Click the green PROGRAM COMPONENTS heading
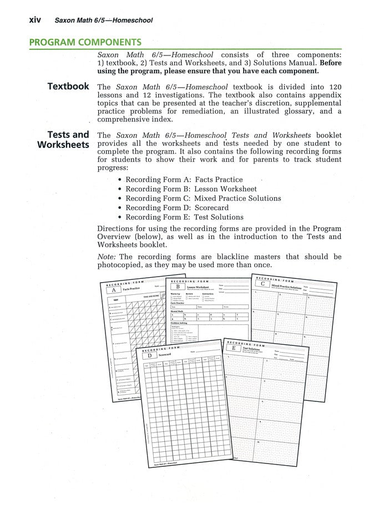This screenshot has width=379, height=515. point(84,42)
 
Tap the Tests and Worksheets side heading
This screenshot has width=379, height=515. point(63,140)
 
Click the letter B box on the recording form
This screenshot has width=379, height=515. point(177,287)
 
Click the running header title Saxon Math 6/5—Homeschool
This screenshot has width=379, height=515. point(104,21)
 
